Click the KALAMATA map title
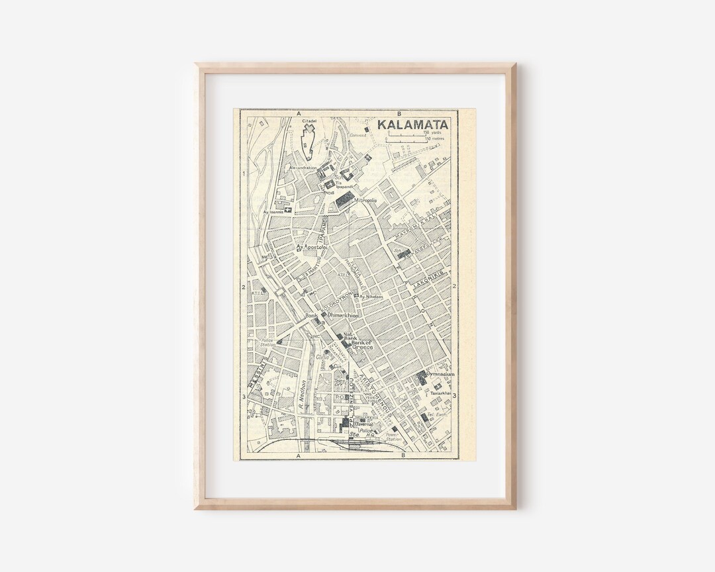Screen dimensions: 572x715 tap(412, 124)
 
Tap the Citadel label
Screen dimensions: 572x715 tap(309, 122)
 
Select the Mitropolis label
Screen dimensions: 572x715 tap(365, 200)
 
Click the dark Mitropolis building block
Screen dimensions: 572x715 tap(344, 199)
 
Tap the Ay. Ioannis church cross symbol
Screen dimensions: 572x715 tap(287, 210)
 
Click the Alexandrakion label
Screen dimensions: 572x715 tap(303, 168)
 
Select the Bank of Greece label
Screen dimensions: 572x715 tap(361, 344)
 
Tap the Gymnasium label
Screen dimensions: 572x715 tap(440, 374)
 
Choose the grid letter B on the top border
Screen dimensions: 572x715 tap(399, 113)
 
